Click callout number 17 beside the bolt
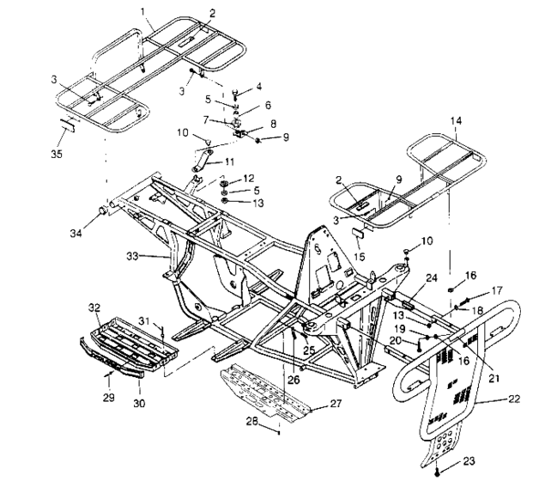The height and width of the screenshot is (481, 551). pyautogui.click(x=471, y=292)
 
